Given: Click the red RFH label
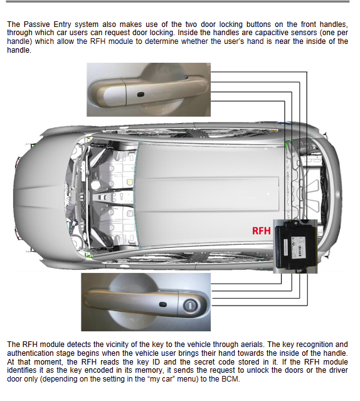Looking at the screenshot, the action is click(261, 230).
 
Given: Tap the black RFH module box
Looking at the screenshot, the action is click(295, 245).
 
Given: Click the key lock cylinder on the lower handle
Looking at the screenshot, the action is click(190, 305).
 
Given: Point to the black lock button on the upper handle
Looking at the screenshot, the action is click(140, 95).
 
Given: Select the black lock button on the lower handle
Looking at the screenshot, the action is click(163, 305).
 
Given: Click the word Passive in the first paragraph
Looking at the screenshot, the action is click(36, 24).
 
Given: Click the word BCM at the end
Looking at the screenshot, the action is click(231, 379).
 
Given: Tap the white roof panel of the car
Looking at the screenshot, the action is click(209, 195).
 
